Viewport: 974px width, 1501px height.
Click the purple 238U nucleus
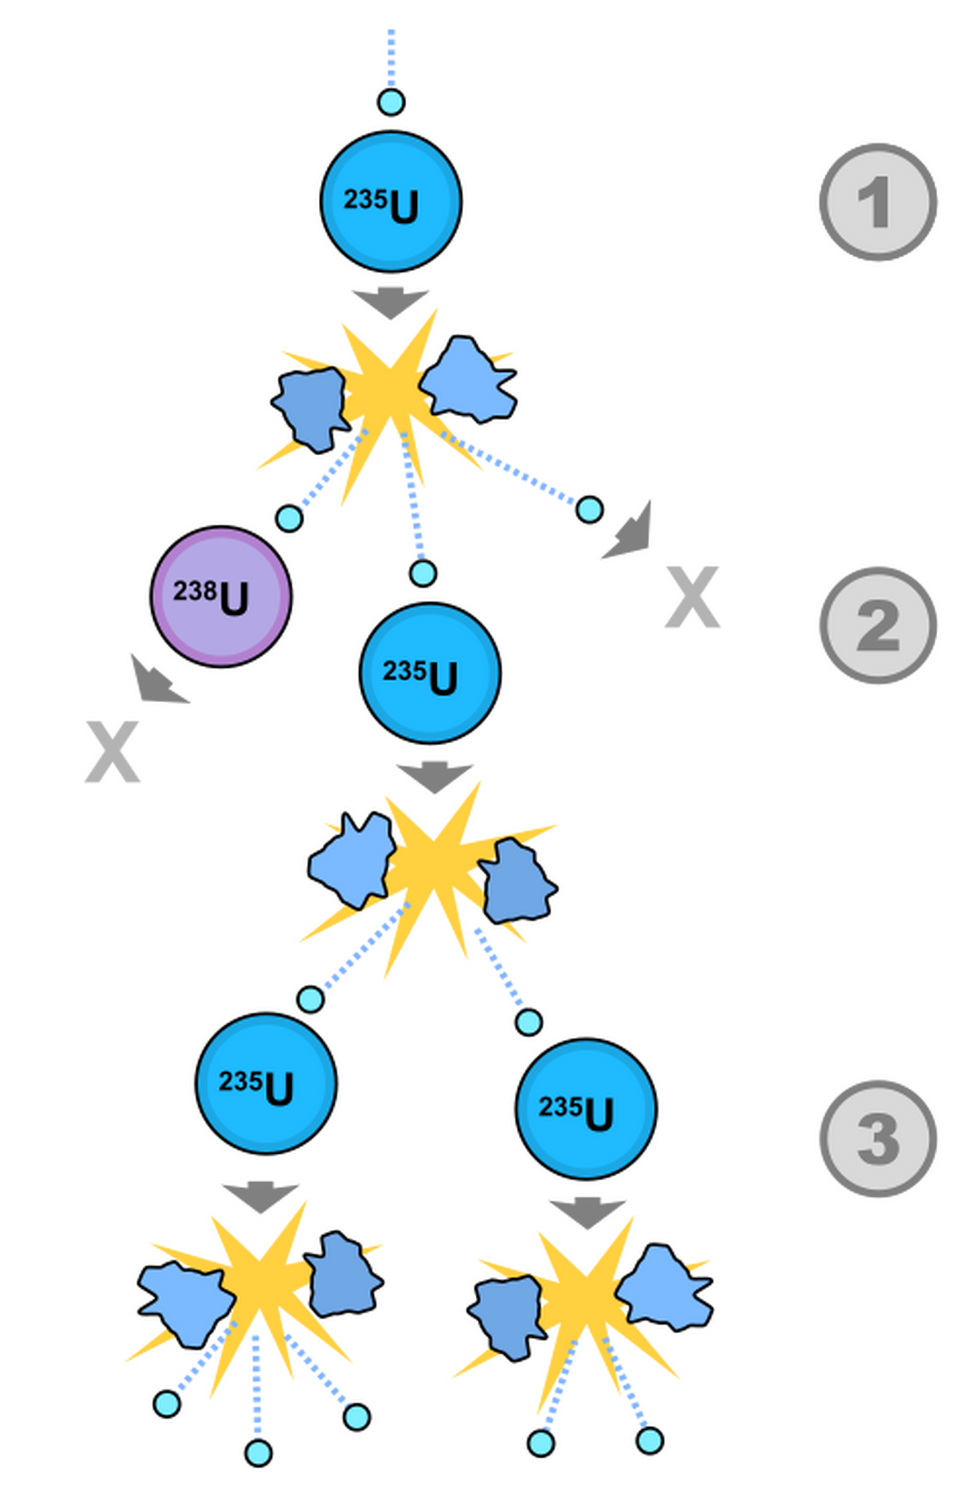tap(221, 597)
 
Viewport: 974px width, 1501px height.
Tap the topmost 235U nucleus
tap(391, 202)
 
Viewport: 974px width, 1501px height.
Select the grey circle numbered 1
tap(877, 202)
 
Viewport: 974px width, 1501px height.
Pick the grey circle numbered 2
tap(877, 625)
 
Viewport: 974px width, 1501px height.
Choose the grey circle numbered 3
tap(877, 1138)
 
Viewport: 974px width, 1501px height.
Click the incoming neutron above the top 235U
tap(391, 102)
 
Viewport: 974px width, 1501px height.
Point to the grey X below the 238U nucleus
tap(112, 752)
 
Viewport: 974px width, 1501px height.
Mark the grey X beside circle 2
tap(693, 597)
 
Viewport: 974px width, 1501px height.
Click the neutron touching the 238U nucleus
tap(289, 518)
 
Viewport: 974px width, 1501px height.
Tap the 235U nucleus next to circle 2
tap(430, 674)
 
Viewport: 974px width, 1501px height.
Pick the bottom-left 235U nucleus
tap(266, 1084)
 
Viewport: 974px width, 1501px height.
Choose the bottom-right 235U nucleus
tap(586, 1109)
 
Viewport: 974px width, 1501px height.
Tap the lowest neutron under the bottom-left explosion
tap(258, 1453)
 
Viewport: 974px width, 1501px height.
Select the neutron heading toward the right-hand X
tap(590, 509)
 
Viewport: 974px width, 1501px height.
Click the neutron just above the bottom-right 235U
tap(528, 1022)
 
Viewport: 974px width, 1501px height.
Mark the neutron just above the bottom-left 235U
tap(311, 999)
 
